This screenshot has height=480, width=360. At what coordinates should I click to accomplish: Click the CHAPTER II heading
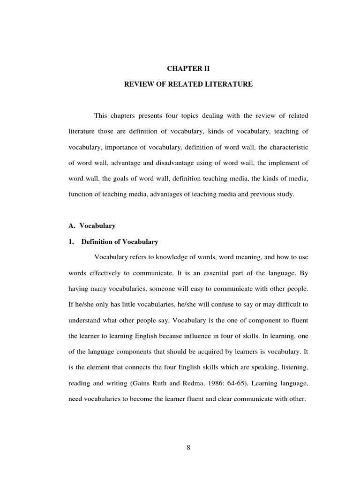pyautogui.click(x=187, y=69)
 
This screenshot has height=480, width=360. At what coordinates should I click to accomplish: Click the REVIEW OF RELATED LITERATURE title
pyautogui.click(x=187, y=85)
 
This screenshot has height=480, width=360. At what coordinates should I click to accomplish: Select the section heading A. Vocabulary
pyautogui.click(x=91, y=225)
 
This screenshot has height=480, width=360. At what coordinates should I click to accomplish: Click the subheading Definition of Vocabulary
pyautogui.click(x=120, y=242)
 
